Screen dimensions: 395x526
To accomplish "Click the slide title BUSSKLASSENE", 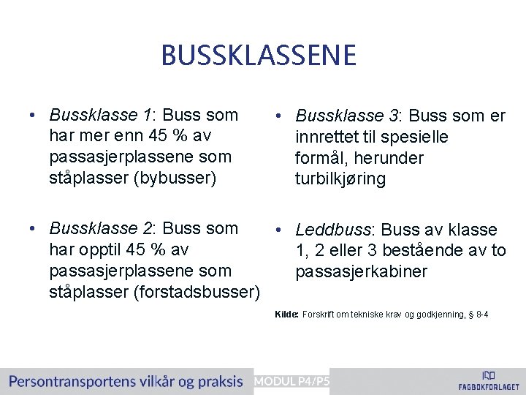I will (259, 55).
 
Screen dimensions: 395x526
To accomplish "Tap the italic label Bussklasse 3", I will (346, 116).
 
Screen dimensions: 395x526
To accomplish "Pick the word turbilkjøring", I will (340, 178).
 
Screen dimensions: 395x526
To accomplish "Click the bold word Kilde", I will (286, 315).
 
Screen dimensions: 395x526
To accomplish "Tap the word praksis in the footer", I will (217, 381).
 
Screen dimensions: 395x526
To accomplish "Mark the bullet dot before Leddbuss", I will (280, 231).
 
